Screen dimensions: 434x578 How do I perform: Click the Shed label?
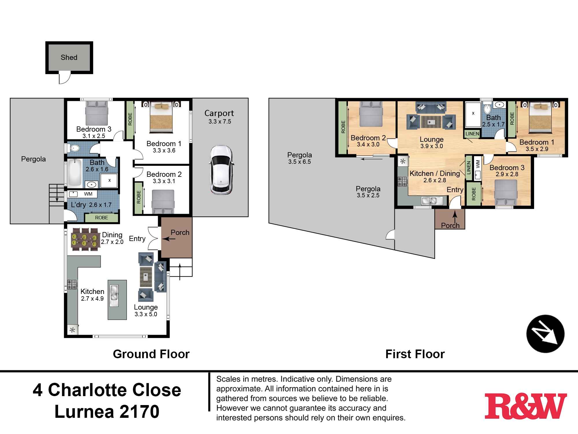[x=69, y=57]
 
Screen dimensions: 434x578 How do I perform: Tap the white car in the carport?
[x=221, y=170]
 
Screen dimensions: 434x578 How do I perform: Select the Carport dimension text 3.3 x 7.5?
[x=220, y=122]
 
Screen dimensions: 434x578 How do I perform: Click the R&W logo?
[x=525, y=406]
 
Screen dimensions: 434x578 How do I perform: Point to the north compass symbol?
[x=545, y=334]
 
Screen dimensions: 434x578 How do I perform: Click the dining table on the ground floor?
[x=85, y=239]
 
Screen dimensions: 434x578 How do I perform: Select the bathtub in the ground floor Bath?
[x=75, y=172]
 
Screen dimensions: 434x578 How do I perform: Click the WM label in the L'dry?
[x=88, y=194]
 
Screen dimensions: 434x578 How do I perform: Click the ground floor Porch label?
[x=180, y=232]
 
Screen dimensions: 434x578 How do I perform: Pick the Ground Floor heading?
[x=151, y=354]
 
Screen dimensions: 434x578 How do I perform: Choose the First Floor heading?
[x=415, y=354]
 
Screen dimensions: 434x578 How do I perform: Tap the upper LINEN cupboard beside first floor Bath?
[x=472, y=134]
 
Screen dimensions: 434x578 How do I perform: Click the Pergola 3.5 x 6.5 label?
[x=299, y=158]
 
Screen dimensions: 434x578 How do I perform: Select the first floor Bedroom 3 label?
[x=507, y=168]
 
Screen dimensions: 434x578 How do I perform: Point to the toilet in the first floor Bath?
[x=487, y=109]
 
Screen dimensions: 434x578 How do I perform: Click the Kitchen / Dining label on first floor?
[x=435, y=173]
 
